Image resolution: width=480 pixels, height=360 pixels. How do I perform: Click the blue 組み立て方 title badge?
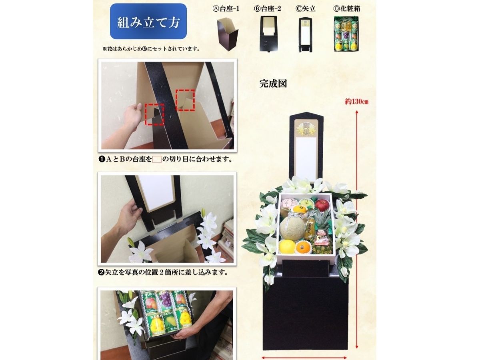tap(148, 21)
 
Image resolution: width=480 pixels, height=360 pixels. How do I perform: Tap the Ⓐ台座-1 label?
tap(226, 9)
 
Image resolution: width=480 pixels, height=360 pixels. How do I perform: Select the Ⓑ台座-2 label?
tap(268, 9)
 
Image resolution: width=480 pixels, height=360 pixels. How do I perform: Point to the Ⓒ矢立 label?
tap(306, 9)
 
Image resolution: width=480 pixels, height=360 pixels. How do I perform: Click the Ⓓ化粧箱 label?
tap(347, 9)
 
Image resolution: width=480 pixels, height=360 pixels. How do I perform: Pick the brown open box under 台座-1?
tap(228, 34)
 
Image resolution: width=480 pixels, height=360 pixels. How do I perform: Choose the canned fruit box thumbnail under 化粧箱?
tap(346, 34)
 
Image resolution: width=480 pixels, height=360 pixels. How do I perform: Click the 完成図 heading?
tap(273, 84)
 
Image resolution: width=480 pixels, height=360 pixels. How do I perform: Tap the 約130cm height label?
tap(357, 102)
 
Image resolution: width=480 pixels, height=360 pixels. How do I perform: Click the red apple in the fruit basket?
tap(322, 205)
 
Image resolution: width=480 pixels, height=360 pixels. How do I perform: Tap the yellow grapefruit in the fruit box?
tap(287, 247)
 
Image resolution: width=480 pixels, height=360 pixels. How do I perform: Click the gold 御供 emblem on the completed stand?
tap(306, 128)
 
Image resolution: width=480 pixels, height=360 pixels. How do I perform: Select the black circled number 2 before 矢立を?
tap(101, 272)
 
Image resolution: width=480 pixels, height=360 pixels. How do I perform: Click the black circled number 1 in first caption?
tap(102, 159)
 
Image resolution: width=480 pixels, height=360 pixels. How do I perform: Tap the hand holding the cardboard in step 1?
tap(133, 116)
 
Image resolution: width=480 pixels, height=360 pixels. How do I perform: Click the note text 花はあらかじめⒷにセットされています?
tap(151, 49)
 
